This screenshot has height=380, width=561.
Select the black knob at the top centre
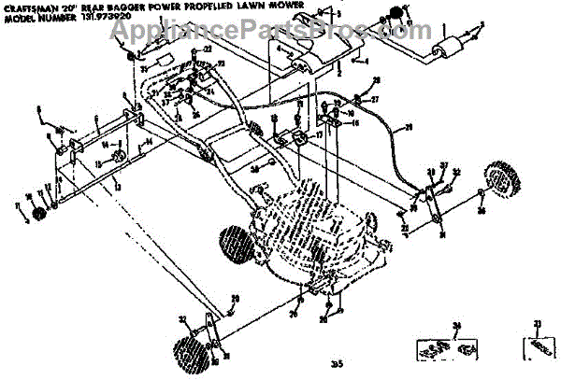[395, 15]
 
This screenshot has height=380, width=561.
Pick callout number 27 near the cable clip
[375, 99]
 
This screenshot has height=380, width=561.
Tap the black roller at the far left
[40, 216]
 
